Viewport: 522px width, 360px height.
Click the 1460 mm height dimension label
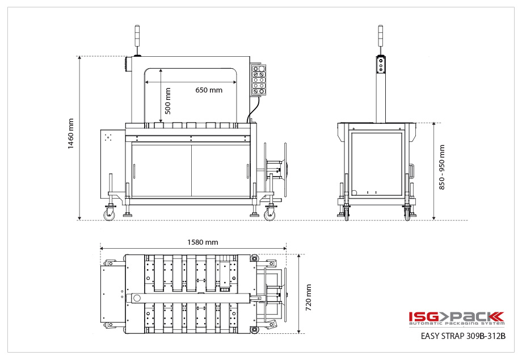coord(71,134)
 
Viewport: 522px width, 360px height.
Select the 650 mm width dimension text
coord(209,90)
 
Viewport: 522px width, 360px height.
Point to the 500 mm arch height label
coord(167,101)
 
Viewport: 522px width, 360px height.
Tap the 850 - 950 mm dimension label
coord(442,167)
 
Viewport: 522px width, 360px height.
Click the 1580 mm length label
coord(203,242)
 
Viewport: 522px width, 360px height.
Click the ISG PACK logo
coord(456,317)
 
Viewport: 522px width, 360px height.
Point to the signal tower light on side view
coord(381,36)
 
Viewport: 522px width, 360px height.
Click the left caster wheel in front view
coord(108,214)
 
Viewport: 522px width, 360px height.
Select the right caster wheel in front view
coord(269,214)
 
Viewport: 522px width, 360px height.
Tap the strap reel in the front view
coord(282,168)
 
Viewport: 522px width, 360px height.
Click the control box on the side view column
coord(381,66)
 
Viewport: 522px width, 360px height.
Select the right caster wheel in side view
coord(407,214)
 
